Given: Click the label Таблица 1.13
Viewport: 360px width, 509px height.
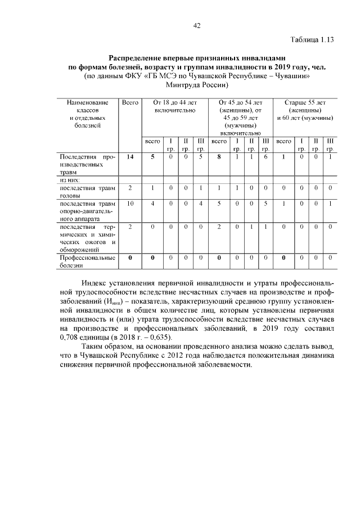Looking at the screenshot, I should coord(312,40).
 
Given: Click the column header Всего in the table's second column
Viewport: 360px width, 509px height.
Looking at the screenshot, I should coord(130,103).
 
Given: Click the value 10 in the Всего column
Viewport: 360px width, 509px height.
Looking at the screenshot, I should coord(130,204).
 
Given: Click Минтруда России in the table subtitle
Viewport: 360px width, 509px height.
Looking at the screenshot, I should coord(196,85).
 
